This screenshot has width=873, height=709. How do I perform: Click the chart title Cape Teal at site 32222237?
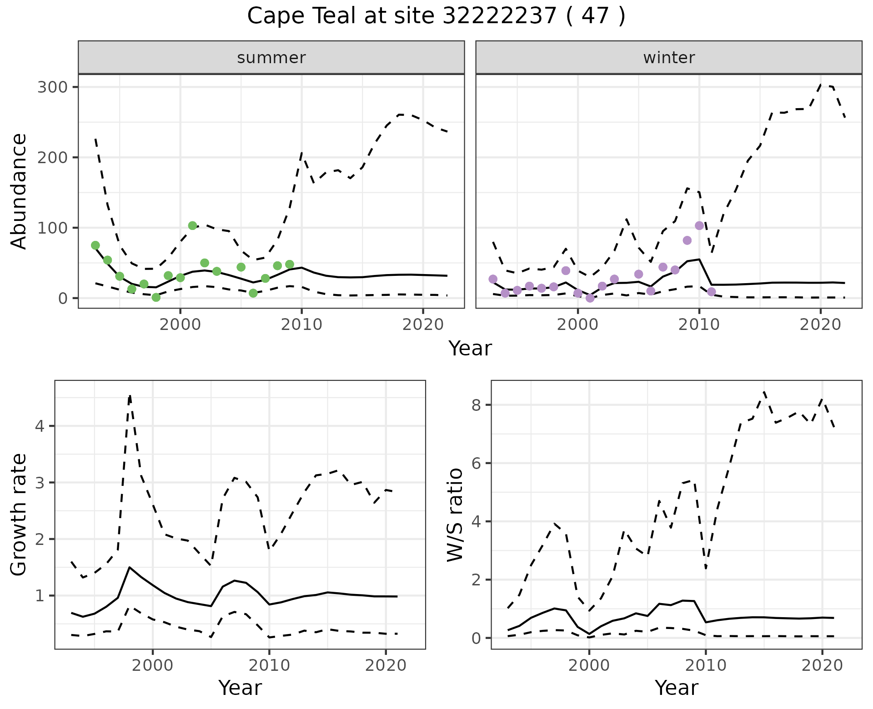436,16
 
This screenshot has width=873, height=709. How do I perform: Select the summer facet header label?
271,58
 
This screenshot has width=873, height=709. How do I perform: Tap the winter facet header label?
668,58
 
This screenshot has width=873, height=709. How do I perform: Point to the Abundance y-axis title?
19,191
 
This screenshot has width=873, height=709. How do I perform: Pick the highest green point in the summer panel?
192,226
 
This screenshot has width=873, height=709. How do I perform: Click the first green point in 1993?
95,245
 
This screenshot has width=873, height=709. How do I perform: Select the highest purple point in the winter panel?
699,226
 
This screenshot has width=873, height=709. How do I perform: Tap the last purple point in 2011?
712,292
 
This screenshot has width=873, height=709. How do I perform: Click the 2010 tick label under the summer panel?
301,325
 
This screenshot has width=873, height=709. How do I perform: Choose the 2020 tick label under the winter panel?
820,325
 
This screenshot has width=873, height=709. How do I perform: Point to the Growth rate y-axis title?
19,514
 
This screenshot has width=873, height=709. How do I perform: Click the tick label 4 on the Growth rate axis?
40,426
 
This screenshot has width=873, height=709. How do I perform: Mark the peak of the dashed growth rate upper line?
130,396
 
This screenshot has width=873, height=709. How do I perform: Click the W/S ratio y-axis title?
455,514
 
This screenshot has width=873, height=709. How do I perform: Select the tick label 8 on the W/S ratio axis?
477,405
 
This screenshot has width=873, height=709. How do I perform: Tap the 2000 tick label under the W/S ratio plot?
589,666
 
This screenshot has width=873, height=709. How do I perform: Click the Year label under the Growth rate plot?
240,688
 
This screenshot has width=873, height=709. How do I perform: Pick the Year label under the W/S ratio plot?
677,688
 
